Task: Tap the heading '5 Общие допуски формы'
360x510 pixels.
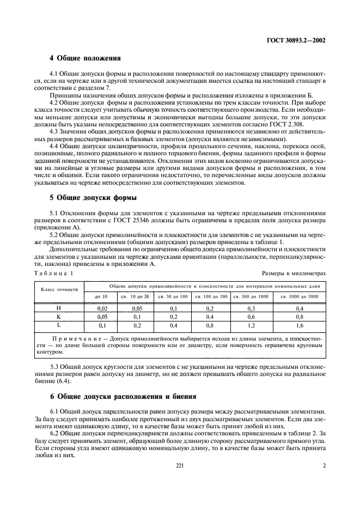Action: (93, 197)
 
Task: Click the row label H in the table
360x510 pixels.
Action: (59, 308)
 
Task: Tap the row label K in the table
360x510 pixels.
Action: (59, 316)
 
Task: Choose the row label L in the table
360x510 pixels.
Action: (59, 325)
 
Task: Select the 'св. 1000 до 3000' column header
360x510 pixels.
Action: (299, 296)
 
